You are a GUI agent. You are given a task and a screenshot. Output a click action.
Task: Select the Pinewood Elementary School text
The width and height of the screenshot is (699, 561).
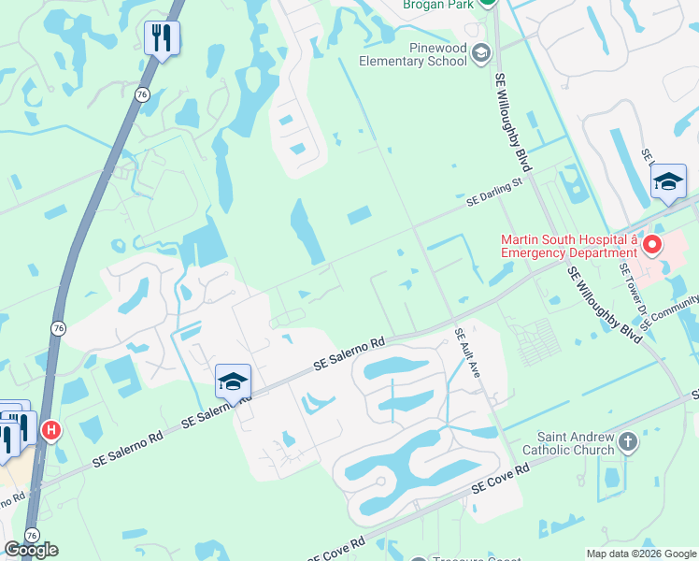413,54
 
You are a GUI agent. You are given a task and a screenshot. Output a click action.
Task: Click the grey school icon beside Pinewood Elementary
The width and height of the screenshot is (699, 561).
481,53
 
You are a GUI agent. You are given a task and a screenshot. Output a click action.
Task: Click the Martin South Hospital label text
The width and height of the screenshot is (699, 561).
567,246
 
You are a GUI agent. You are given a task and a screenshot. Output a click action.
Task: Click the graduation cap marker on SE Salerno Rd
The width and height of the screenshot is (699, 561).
233,381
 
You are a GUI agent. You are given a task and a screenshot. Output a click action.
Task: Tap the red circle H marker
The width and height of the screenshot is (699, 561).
51,430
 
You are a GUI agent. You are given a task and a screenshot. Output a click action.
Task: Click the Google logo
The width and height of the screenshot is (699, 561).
31,549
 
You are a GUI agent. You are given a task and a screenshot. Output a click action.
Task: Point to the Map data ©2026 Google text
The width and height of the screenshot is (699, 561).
640,553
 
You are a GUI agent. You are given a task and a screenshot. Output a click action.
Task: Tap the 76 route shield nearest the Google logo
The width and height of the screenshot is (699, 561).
33,536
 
